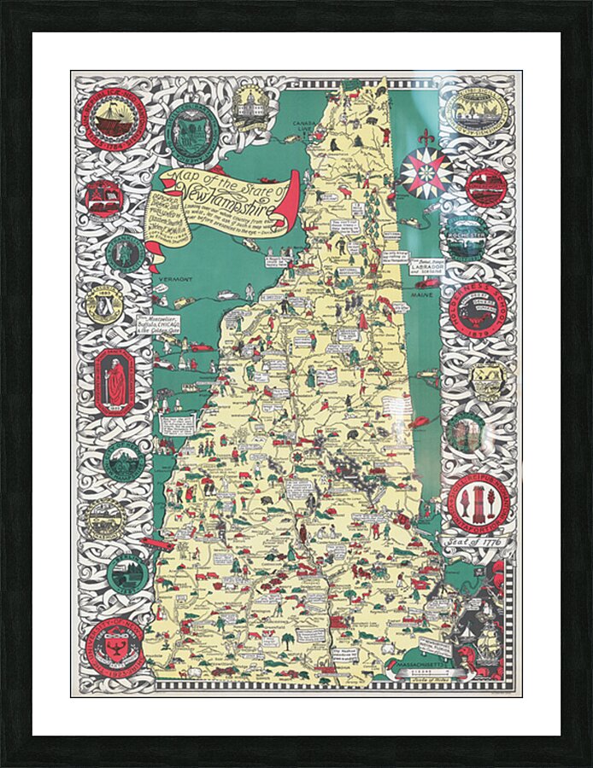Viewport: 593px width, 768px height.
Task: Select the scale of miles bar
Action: click(425, 674)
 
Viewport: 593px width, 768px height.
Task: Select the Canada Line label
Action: click(304, 127)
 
